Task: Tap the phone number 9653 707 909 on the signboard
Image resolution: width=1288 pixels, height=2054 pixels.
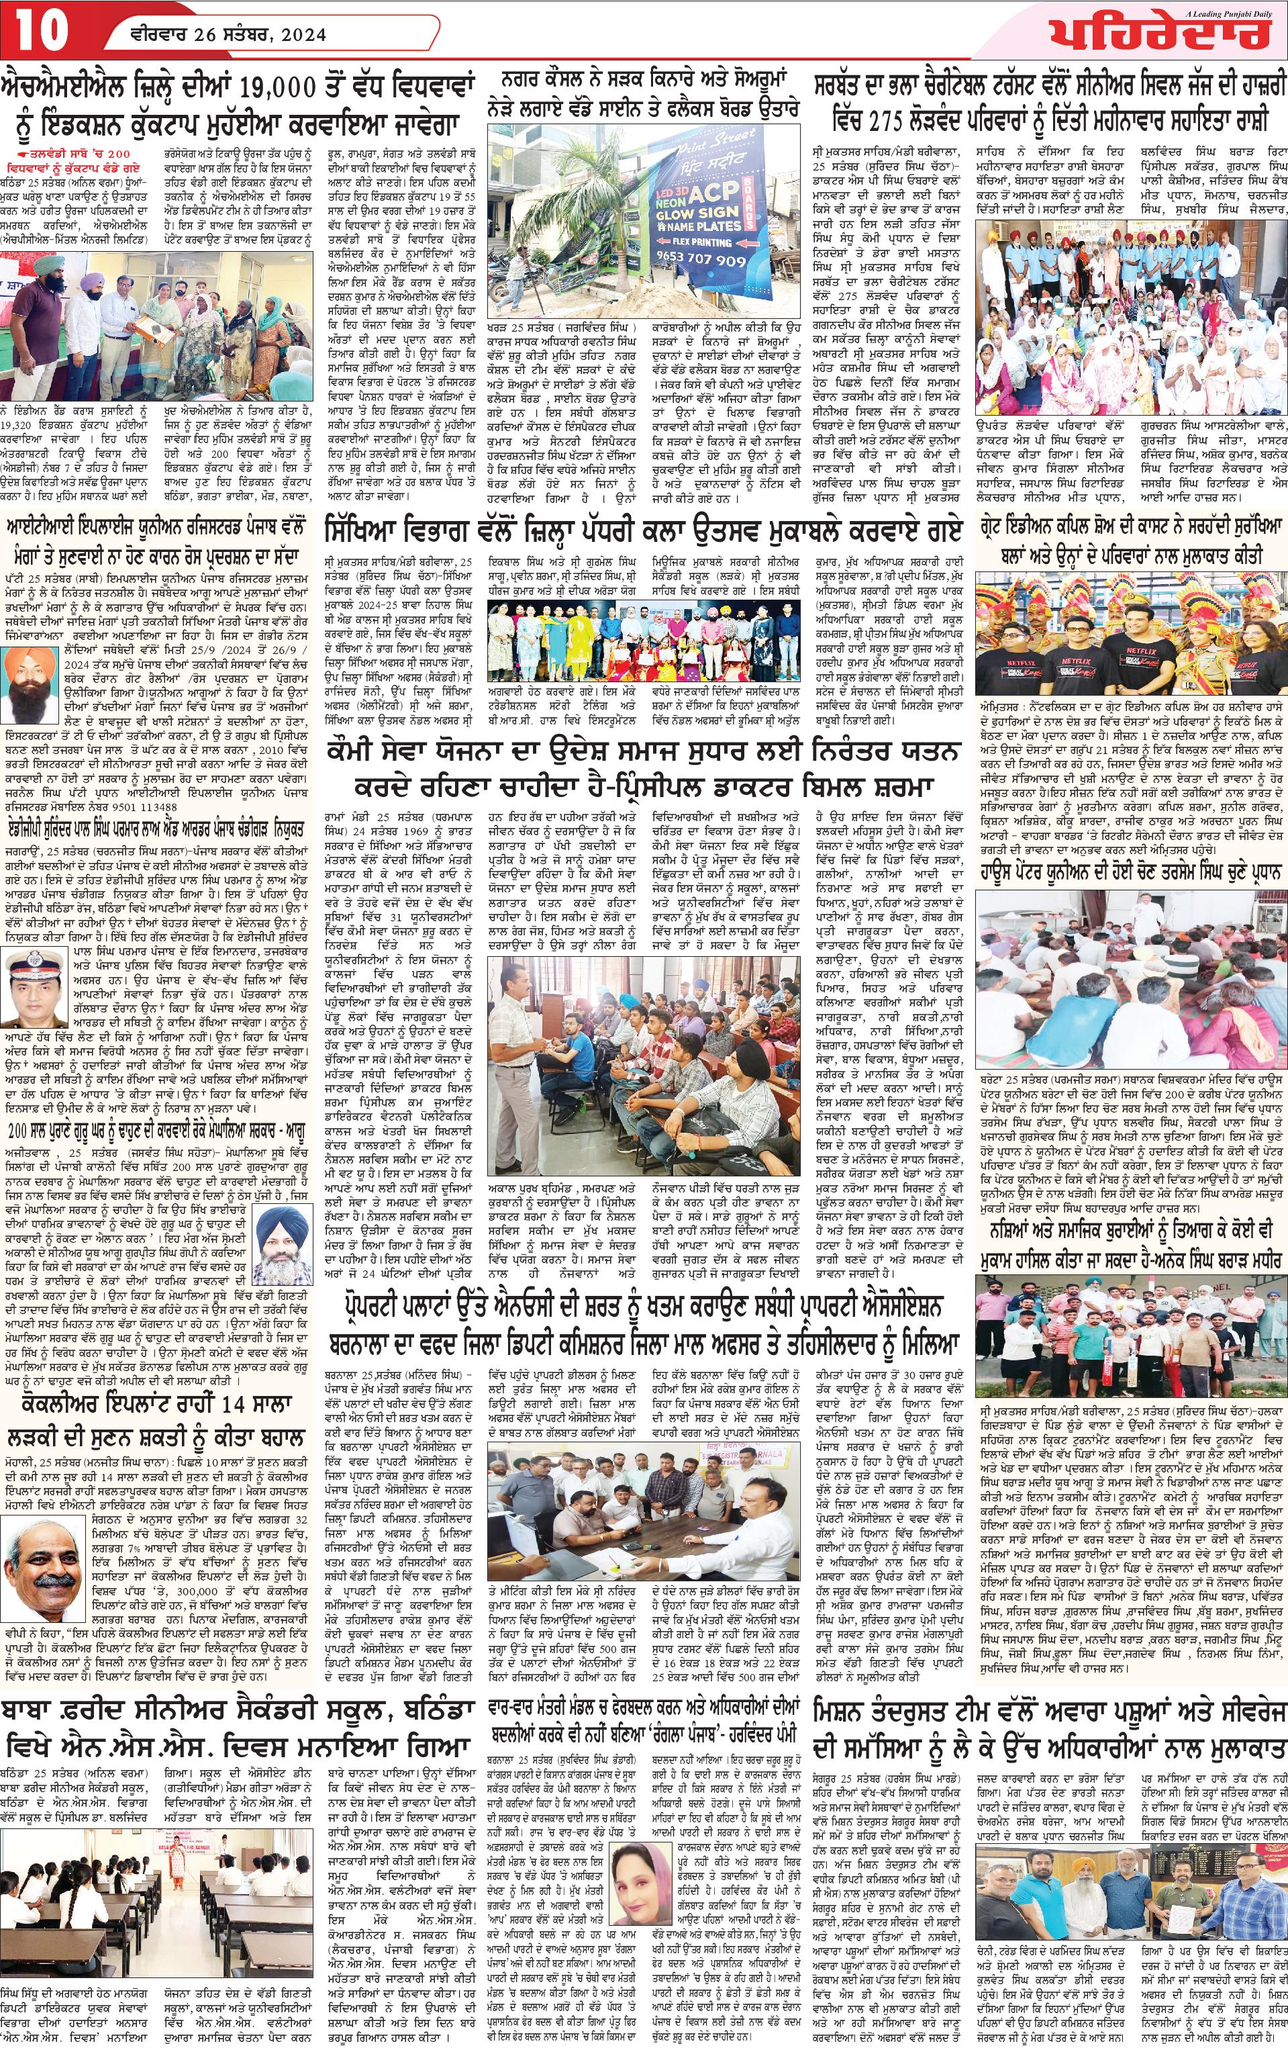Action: (x=720, y=259)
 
